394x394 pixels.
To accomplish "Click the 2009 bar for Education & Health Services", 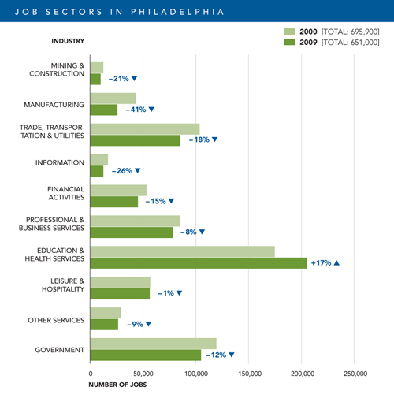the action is point(199,263).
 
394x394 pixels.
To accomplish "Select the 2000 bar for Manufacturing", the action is point(113,98).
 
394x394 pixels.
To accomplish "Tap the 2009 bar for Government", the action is point(146,355).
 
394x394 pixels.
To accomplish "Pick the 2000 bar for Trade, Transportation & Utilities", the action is point(145,129).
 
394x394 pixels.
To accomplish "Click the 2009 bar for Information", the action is point(97,171).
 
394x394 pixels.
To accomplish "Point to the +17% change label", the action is point(321,263).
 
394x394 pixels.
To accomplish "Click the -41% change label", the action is point(136,110).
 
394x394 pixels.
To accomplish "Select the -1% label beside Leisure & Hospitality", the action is point(165,293).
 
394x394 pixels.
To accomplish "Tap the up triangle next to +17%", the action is point(336,263).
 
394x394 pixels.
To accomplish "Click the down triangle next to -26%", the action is point(138,171).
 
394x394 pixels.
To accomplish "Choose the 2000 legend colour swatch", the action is point(289,32).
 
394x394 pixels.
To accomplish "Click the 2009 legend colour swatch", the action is point(289,42).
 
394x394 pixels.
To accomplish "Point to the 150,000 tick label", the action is point(250,374).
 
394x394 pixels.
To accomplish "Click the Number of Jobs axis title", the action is point(117,385).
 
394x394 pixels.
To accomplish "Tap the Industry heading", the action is point(68,41).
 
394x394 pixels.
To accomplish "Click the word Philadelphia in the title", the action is point(177,12).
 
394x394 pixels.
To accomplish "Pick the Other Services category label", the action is point(56,320).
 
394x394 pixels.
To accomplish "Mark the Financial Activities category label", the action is point(66,193).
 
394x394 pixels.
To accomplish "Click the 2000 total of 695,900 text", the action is point(351,32).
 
